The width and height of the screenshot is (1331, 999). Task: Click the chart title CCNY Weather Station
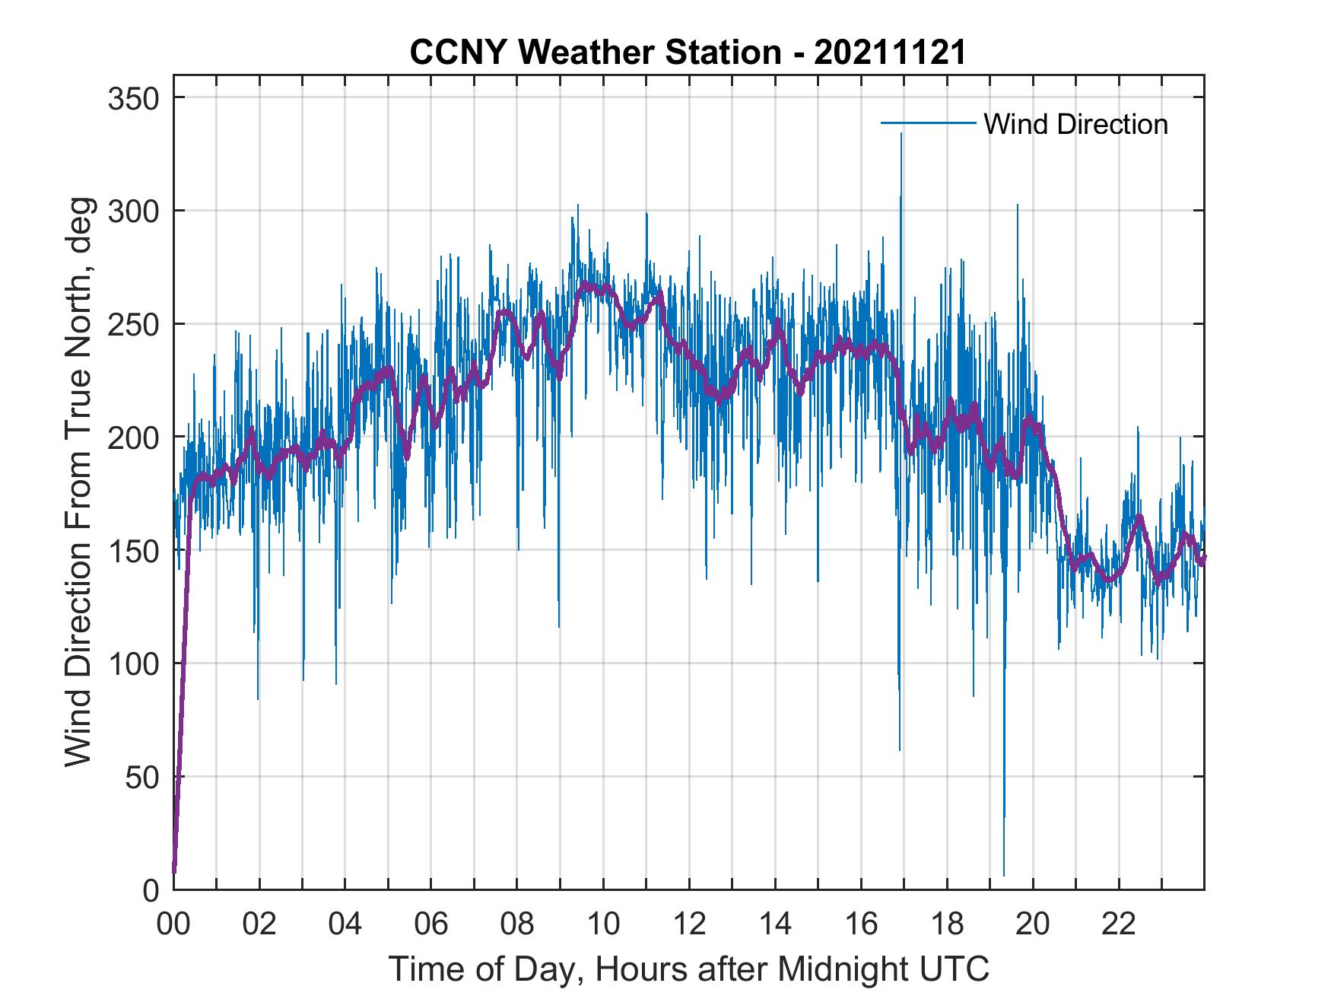click(x=594, y=52)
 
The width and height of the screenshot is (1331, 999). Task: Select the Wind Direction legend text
click(x=1075, y=124)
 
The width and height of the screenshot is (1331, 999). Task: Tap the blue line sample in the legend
click(x=928, y=122)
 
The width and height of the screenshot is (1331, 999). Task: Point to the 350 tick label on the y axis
click(x=133, y=98)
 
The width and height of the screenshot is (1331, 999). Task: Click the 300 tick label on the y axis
click(x=133, y=211)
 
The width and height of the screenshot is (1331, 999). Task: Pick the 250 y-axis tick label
click(x=133, y=324)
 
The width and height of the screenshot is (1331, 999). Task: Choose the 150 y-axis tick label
click(x=133, y=550)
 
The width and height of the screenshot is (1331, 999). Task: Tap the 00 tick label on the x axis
click(x=173, y=925)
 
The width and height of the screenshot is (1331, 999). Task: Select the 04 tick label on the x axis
click(x=345, y=925)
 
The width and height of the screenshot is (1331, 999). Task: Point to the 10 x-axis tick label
click(x=603, y=925)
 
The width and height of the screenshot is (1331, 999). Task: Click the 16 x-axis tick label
click(x=861, y=925)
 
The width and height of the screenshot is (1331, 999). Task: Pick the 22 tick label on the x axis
click(x=1119, y=925)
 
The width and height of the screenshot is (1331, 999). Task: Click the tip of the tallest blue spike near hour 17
click(x=901, y=133)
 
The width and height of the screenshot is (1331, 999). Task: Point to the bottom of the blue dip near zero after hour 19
click(x=1004, y=876)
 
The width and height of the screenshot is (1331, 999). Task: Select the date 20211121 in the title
click(x=891, y=52)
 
